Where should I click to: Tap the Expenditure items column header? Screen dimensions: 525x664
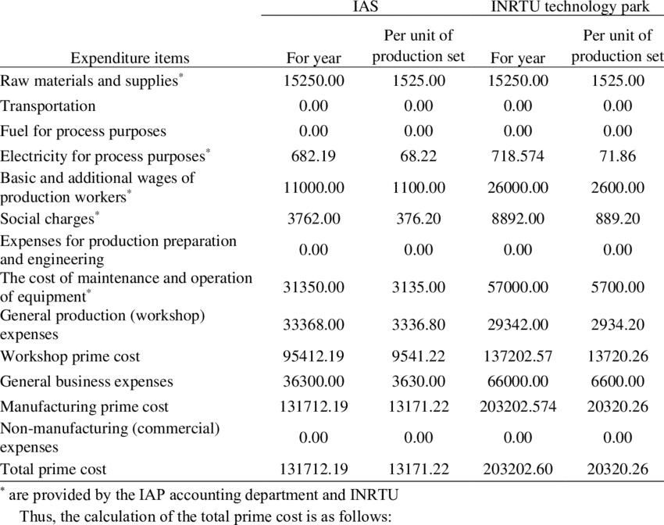click(x=130, y=58)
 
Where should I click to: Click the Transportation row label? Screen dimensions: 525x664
click(x=48, y=106)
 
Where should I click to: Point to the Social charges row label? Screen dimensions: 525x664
click(x=48, y=219)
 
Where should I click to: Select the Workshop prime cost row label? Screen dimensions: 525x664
click(x=70, y=357)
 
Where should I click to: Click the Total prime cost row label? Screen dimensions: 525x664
click(x=53, y=470)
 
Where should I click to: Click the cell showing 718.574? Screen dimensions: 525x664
click(x=518, y=156)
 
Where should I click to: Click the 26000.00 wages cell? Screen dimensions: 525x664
click(x=518, y=187)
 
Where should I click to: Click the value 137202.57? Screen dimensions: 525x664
click(x=518, y=357)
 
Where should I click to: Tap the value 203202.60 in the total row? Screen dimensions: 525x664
click(x=518, y=470)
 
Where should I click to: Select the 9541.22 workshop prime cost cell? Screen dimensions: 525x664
click(x=419, y=357)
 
